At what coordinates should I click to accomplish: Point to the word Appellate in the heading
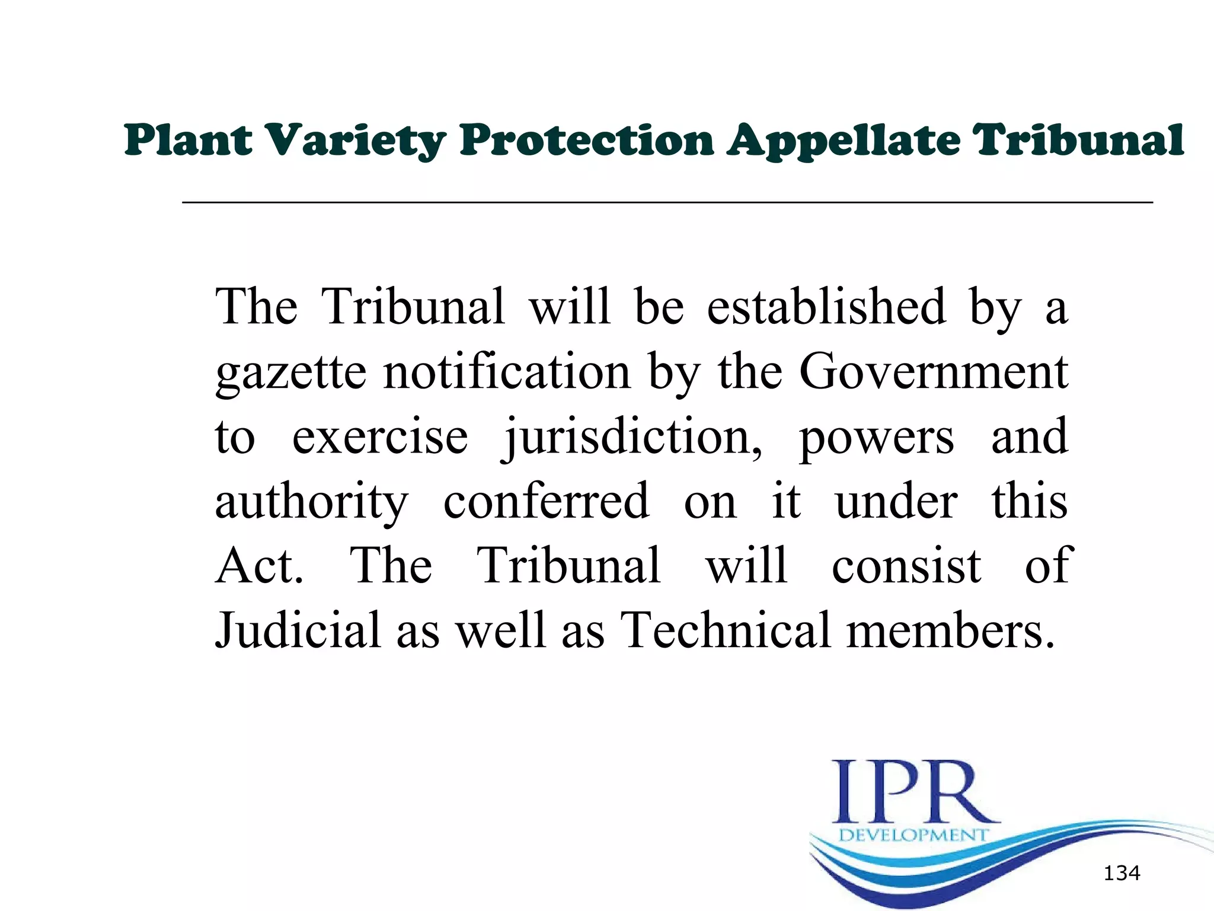coord(844,141)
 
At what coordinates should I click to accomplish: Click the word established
coord(826,307)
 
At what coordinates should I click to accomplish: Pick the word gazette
coord(291,373)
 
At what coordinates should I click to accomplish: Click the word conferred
coord(546,501)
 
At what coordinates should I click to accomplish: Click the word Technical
coord(726,630)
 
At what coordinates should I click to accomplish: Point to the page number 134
coord(1122,873)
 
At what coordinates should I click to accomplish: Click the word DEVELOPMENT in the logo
coord(913,835)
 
